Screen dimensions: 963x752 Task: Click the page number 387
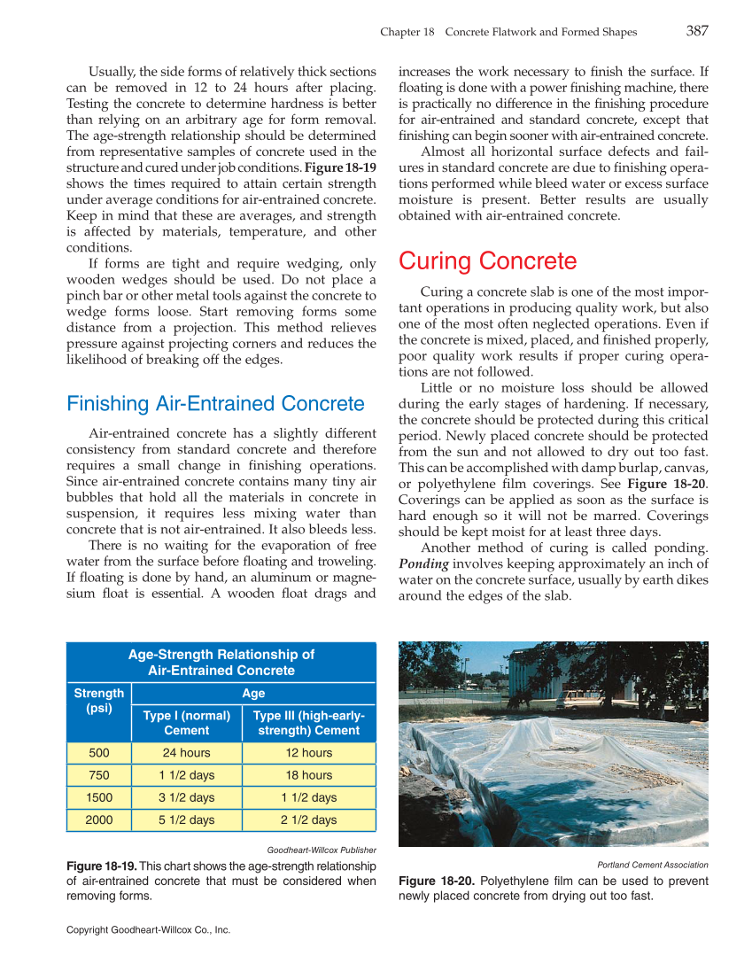(x=696, y=31)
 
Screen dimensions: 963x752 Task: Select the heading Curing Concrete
(x=487, y=261)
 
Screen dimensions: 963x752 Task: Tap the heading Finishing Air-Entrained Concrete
(x=215, y=404)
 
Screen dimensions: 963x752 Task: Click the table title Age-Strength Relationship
(x=221, y=662)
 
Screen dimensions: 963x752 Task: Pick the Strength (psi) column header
(x=99, y=701)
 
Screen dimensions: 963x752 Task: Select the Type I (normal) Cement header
(x=187, y=723)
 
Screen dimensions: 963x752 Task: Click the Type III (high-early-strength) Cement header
(x=308, y=723)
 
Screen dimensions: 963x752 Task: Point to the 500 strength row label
(x=99, y=753)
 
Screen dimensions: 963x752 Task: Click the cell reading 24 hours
(x=187, y=753)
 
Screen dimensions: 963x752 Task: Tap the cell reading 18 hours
(x=308, y=775)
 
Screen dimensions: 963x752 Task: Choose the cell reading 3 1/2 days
(x=187, y=797)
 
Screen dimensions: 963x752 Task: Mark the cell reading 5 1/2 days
(x=187, y=819)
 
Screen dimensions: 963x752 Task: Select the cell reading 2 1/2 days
(x=308, y=819)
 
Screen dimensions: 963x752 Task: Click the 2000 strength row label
(x=99, y=819)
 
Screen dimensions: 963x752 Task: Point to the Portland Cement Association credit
(x=653, y=864)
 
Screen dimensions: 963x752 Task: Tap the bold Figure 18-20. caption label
(x=437, y=881)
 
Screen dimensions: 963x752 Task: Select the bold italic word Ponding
(x=423, y=564)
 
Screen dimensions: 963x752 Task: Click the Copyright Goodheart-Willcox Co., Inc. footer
(x=148, y=929)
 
